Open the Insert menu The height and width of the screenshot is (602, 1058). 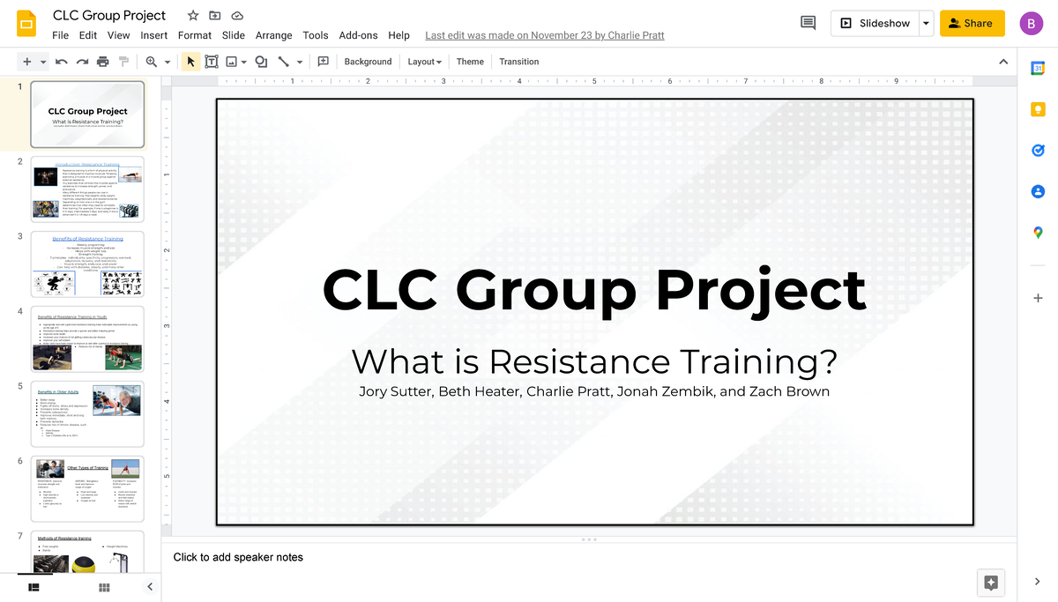(x=153, y=35)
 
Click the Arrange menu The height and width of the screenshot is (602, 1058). (x=273, y=35)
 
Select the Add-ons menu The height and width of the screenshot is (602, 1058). (x=358, y=35)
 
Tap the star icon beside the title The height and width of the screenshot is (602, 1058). (x=193, y=16)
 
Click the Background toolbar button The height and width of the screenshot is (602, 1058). (x=368, y=62)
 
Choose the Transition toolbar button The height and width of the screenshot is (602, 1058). (x=518, y=62)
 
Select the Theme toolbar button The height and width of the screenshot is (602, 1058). (x=470, y=62)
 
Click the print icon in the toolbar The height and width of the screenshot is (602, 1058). (x=103, y=62)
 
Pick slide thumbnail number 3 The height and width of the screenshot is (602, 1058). (x=87, y=264)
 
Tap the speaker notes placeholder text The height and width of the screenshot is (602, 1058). (x=238, y=557)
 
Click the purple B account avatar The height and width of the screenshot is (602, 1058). (x=1031, y=24)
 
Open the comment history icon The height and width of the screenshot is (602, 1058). (x=808, y=24)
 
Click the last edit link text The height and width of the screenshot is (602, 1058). (x=544, y=35)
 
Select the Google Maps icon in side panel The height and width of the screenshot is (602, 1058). (x=1038, y=233)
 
